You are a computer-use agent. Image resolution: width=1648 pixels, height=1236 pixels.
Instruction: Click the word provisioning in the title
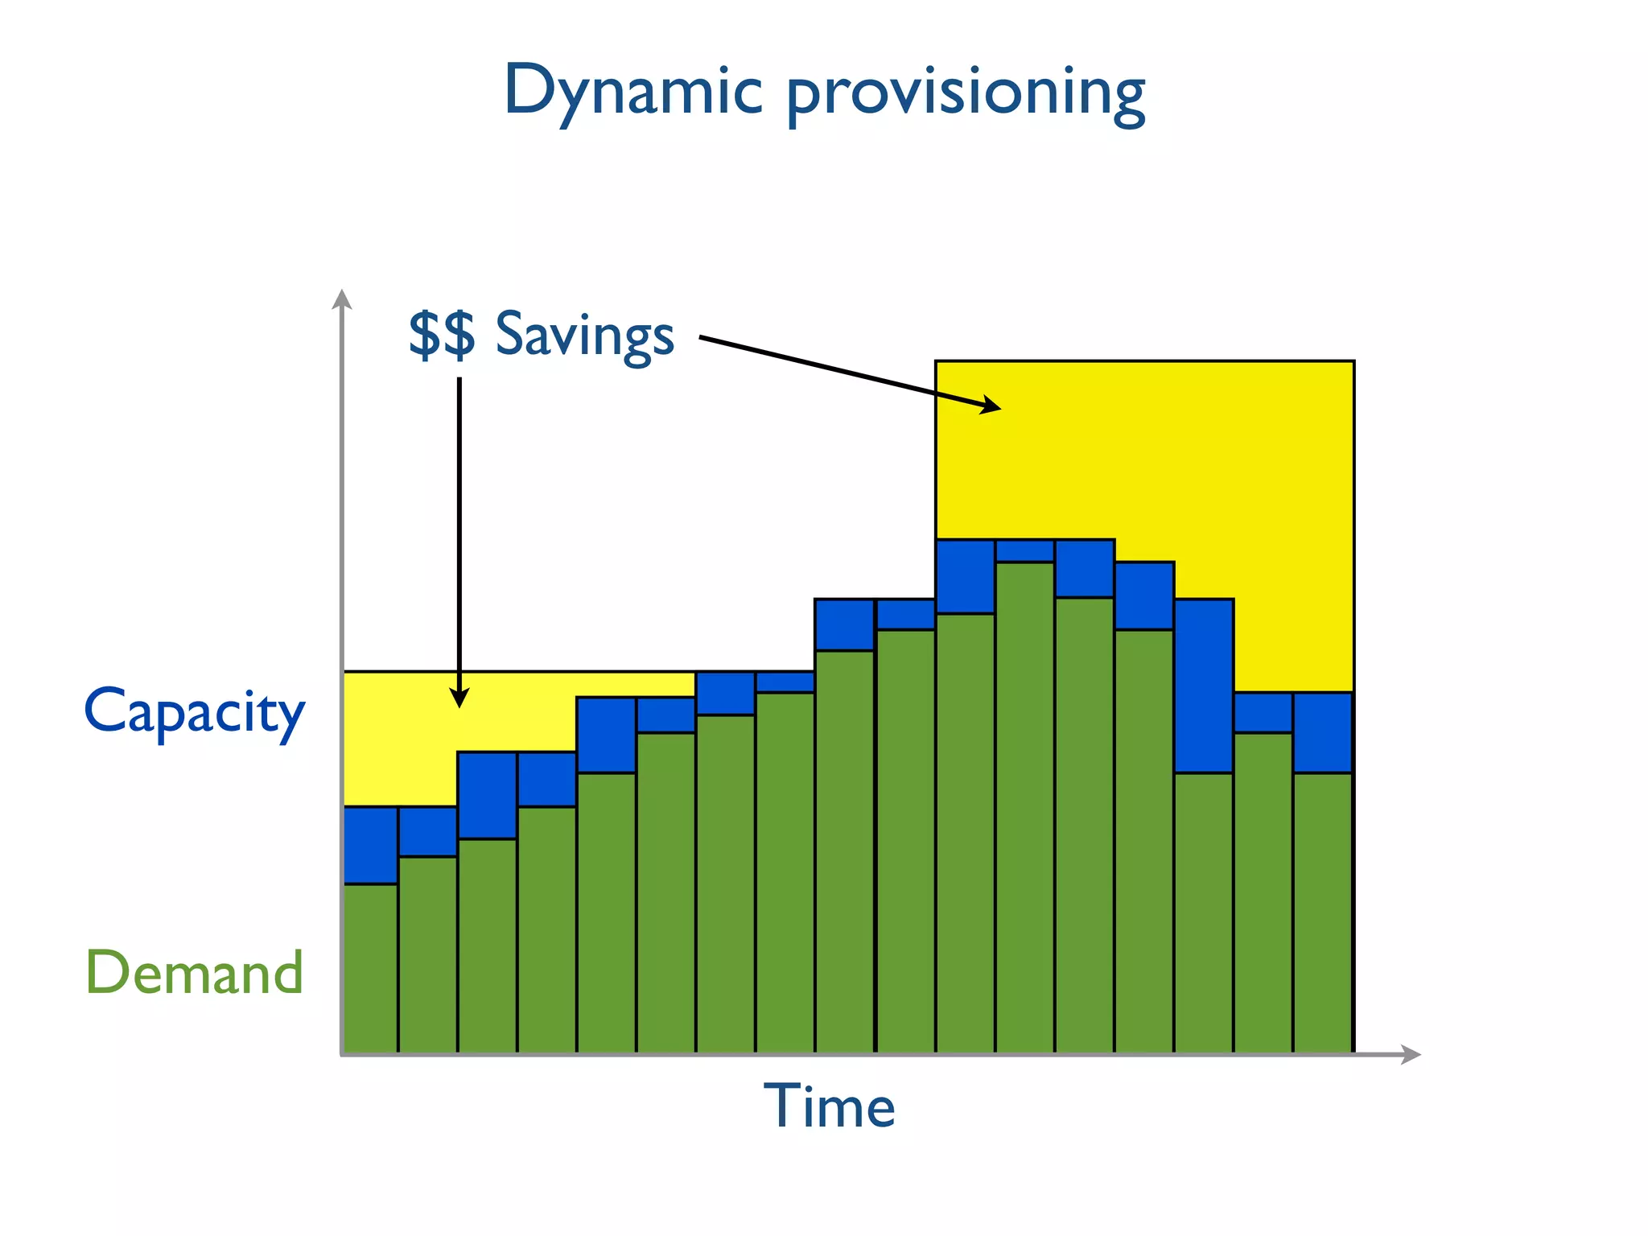965,95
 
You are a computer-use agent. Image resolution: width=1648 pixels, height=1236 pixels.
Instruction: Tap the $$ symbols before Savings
442,333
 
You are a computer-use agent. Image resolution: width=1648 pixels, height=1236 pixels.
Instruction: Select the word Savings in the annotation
584,335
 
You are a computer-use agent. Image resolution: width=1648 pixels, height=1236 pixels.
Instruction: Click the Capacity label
195,711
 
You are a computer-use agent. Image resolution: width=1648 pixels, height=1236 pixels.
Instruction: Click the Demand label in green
195,973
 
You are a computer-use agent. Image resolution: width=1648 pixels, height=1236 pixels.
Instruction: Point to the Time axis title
829,1106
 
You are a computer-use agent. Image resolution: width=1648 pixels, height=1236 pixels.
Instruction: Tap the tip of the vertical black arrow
459,702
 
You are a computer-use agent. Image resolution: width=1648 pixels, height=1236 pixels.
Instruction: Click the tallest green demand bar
1024,805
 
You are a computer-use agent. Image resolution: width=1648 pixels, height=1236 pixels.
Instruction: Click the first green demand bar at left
370,966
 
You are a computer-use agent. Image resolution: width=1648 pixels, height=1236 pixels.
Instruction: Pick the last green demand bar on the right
1322,909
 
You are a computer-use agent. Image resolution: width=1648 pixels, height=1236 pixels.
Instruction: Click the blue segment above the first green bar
370,845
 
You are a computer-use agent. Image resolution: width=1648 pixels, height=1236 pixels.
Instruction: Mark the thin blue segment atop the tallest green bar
1024,551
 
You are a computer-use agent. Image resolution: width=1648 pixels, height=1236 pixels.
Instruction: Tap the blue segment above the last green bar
1322,732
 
